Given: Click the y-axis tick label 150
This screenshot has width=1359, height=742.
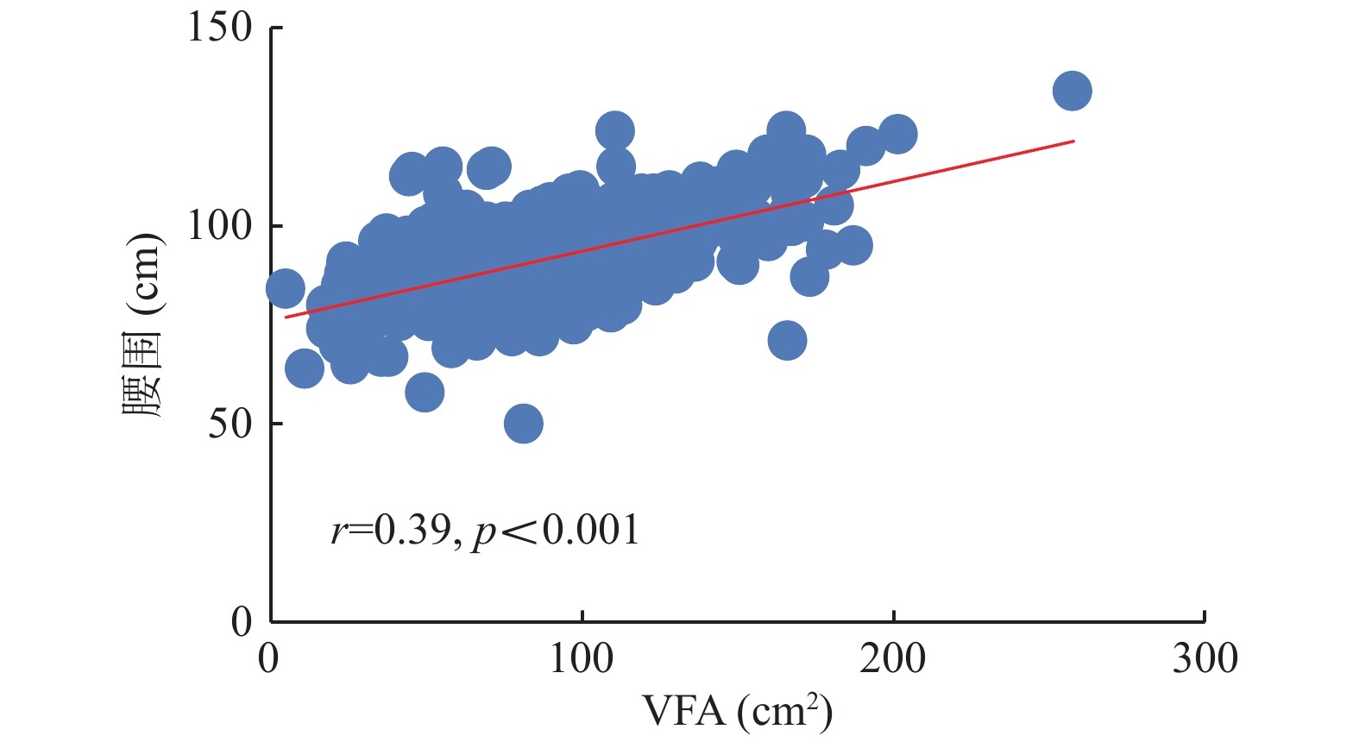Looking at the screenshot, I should point(220,28).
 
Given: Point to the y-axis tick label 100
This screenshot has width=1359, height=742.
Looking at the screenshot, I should point(220,226).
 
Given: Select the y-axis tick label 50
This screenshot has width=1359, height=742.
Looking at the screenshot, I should point(230,424).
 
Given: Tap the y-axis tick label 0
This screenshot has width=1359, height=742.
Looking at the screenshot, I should point(242,621).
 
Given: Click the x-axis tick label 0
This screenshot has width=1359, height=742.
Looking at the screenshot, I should point(269,659).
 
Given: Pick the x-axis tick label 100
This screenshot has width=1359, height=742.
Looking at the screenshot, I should point(582,659).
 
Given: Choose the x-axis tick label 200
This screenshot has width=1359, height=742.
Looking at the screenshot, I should point(893,659).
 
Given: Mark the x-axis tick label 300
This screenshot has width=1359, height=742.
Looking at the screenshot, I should point(1205,659).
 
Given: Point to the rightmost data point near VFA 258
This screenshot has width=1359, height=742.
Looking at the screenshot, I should point(1072,91).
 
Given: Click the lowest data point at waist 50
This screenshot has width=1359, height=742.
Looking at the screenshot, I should point(523,424).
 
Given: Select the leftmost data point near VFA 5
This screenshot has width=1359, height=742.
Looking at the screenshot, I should point(285,288).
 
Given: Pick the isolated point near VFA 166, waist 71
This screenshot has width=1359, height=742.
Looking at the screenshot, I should point(787,340).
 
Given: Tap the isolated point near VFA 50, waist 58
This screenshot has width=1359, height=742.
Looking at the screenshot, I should point(424,393).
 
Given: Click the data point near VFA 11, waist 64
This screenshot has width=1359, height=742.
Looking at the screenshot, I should point(304,368).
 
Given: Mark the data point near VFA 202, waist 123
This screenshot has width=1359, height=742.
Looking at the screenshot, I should point(897,134).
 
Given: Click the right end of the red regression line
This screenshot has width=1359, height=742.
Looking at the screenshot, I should point(1073,141).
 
